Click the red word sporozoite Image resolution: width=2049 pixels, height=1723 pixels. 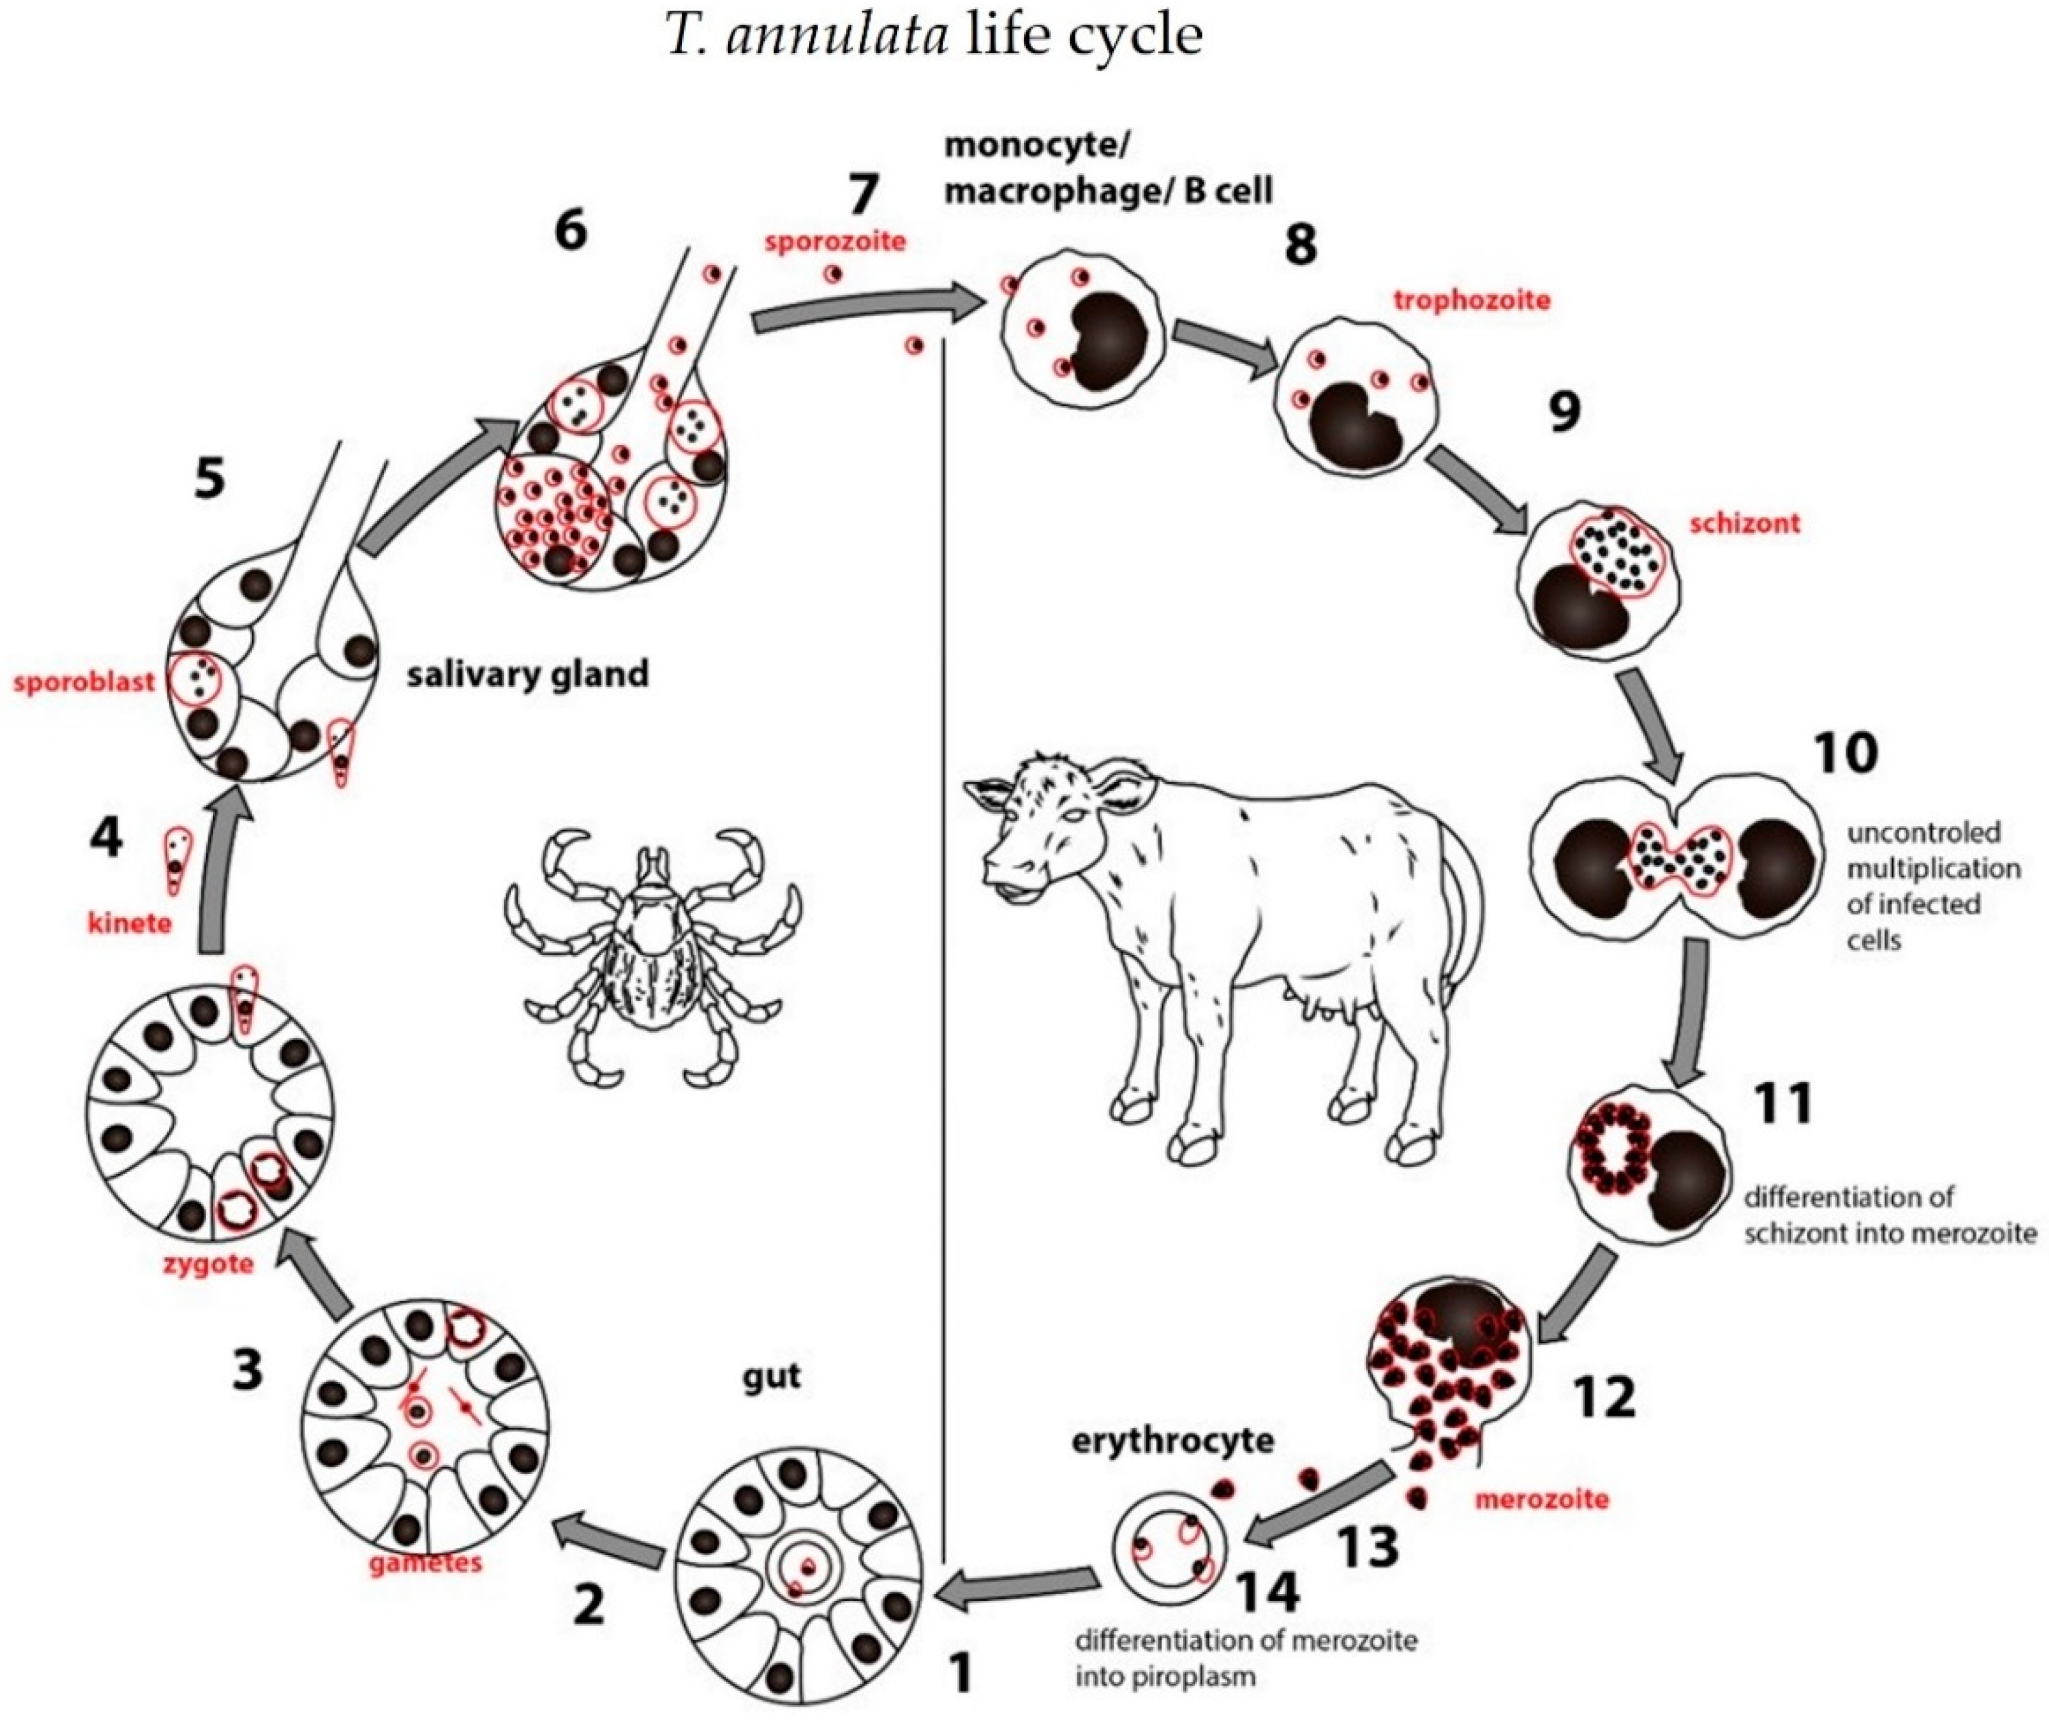(835, 241)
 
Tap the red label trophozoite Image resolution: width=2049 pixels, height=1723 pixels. (1471, 300)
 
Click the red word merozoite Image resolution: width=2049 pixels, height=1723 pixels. (1541, 1498)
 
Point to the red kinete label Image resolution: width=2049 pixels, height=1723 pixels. (129, 922)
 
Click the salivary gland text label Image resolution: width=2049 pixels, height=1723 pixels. (527, 674)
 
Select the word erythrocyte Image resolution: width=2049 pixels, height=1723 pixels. (1172, 1440)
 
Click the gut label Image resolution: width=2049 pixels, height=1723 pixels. (772, 1375)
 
